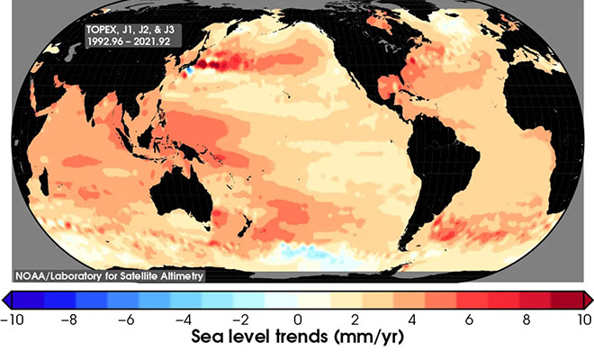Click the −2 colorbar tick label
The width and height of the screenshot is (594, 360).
point(243,319)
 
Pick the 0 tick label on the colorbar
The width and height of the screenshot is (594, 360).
point(297,319)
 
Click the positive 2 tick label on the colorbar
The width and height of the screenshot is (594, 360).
point(355,319)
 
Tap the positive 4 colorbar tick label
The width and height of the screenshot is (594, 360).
point(412,319)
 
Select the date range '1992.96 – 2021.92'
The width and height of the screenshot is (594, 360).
point(123,42)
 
